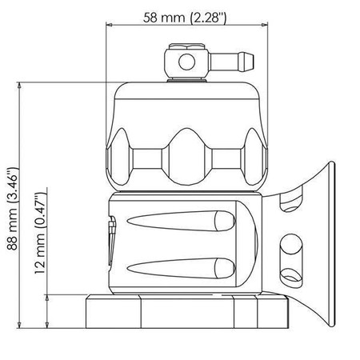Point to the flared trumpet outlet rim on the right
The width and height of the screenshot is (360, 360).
pos(329,240)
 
